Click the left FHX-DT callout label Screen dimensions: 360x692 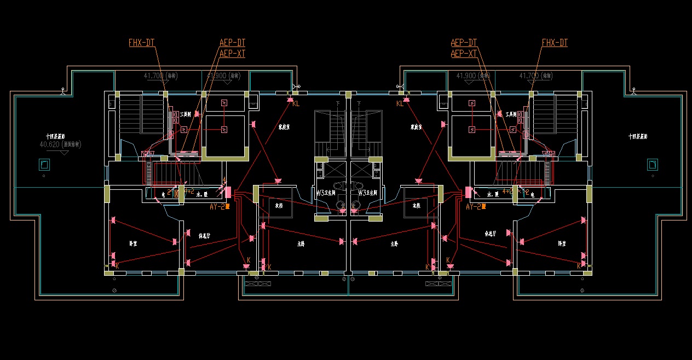pos(141,43)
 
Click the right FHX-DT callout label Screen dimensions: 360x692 pos(555,43)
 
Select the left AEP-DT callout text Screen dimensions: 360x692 pos(232,43)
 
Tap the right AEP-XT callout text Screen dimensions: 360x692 pos(464,54)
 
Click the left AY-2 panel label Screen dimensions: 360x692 pos(218,207)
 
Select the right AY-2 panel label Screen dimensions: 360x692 pos(474,207)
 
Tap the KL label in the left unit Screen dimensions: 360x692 pos(296,103)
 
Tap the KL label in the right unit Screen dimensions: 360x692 pos(400,103)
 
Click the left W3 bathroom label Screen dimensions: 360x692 pos(326,193)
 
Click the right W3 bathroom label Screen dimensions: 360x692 pos(369,193)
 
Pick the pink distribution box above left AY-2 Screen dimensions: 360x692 pos(228,193)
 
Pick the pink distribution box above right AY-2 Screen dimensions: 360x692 pos(468,193)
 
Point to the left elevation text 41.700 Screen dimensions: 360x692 pos(154,76)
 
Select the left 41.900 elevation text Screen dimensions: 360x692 pos(218,76)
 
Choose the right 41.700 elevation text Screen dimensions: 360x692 pos(529,76)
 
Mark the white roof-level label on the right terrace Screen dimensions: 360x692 pos(638,136)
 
